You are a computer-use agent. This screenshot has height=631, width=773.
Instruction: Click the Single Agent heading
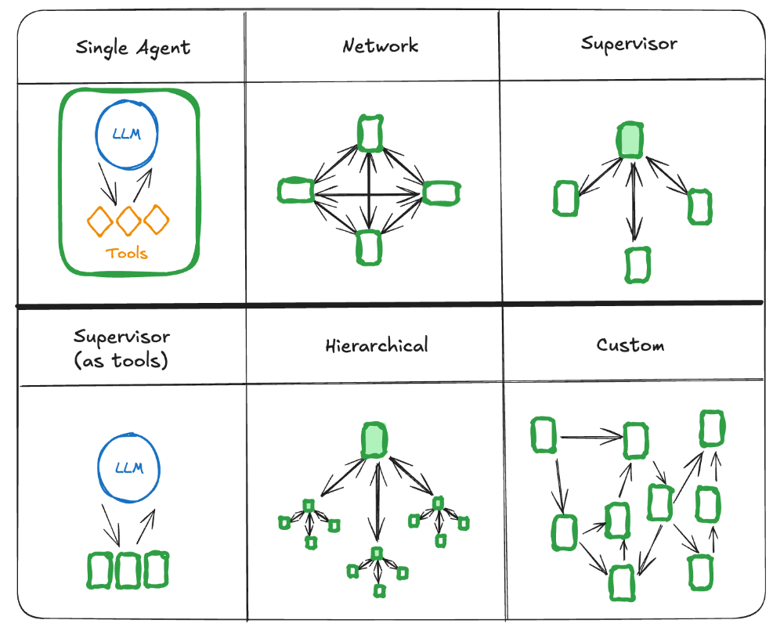tap(132, 48)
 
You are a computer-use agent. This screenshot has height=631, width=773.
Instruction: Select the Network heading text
tap(381, 45)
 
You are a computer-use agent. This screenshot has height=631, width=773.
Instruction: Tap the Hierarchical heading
tap(377, 344)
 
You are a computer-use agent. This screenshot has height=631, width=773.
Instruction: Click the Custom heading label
tap(630, 344)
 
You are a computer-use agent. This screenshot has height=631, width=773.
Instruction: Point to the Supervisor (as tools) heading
tap(121, 349)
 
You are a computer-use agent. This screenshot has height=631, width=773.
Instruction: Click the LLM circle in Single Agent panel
tap(127, 135)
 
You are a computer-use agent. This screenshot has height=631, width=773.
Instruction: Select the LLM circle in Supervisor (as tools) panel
tap(128, 468)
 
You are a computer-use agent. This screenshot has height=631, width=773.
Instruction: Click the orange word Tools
tap(127, 253)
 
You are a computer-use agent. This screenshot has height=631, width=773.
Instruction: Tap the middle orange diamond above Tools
tap(128, 221)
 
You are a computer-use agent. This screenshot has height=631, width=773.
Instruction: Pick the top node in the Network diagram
tap(370, 132)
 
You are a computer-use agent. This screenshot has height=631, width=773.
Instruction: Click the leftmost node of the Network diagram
tap(296, 190)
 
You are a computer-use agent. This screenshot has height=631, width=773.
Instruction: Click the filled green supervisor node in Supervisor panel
tap(630, 139)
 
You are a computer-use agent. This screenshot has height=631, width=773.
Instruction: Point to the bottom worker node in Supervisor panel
tap(638, 265)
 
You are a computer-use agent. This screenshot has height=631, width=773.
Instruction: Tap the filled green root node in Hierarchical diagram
tap(375, 440)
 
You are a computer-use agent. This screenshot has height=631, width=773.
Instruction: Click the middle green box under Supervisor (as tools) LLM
tap(127, 570)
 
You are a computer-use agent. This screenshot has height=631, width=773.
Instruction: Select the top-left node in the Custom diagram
tap(544, 435)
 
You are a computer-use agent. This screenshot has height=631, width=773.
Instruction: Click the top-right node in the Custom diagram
tap(712, 427)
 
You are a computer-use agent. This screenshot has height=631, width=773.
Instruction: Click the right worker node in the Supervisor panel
tap(699, 207)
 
